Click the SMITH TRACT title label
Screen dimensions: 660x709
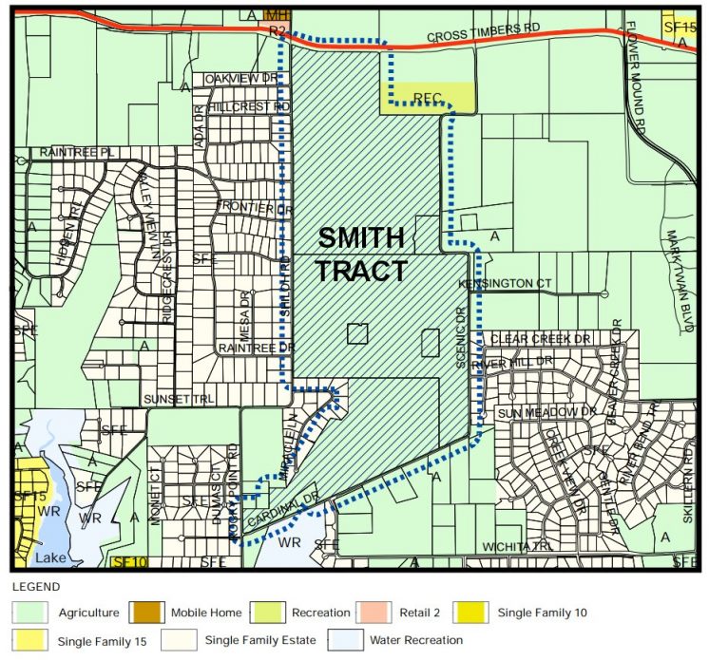(x=361, y=254)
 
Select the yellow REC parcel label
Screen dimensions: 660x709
(x=429, y=97)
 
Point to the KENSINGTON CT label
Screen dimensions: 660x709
(x=505, y=284)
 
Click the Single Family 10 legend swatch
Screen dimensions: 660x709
(x=469, y=613)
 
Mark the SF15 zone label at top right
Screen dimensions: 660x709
(x=680, y=27)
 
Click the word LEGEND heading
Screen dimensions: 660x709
(x=35, y=587)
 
